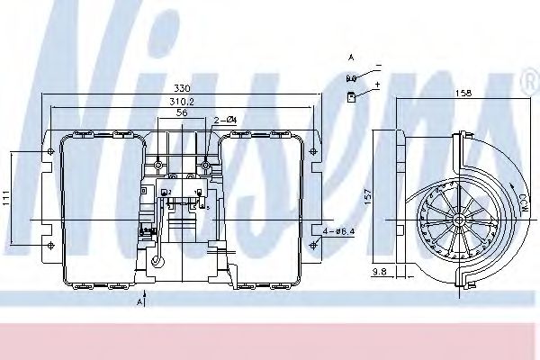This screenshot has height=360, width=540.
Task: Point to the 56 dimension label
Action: (x=182, y=115)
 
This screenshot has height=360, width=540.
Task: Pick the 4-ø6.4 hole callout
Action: (x=337, y=233)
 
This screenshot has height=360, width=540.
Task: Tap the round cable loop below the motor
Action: (x=157, y=262)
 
